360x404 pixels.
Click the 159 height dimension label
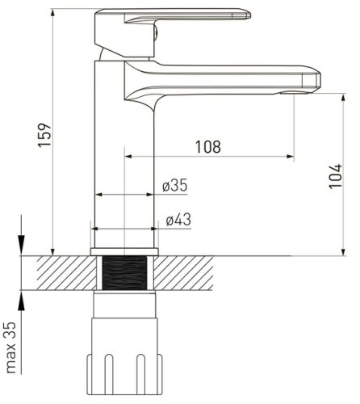44,135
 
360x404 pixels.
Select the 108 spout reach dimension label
207,147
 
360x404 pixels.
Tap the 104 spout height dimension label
336,176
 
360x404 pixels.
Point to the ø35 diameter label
175,186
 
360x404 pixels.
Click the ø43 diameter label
178,220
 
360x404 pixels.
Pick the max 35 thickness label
10,347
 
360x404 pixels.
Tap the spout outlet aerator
294,93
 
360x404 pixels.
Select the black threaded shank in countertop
124,273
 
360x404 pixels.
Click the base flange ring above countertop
124,251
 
